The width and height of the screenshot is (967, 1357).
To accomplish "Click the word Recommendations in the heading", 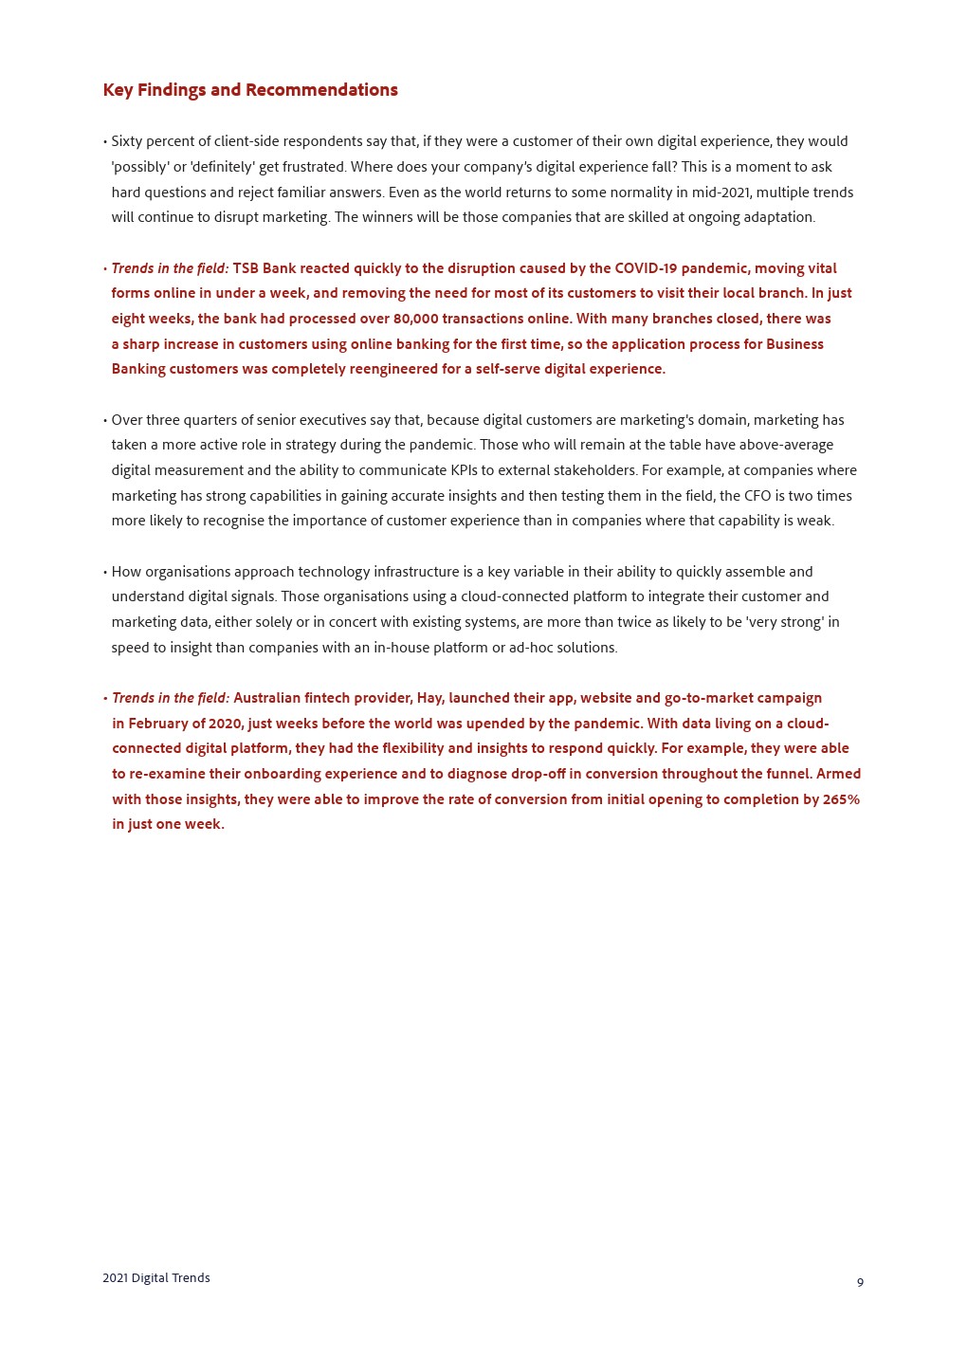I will tap(321, 90).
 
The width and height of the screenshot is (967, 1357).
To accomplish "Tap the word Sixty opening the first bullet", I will tap(129, 141).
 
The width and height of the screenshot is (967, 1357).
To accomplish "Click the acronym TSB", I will tap(246, 268).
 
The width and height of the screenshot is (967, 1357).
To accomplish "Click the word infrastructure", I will tap(416, 572).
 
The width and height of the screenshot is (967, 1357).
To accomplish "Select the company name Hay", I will tap(429, 698).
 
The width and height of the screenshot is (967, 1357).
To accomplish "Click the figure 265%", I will tap(841, 799).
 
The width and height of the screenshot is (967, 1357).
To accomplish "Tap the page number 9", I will tap(860, 1282).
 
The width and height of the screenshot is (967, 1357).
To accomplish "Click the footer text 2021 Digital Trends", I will tap(156, 1278).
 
